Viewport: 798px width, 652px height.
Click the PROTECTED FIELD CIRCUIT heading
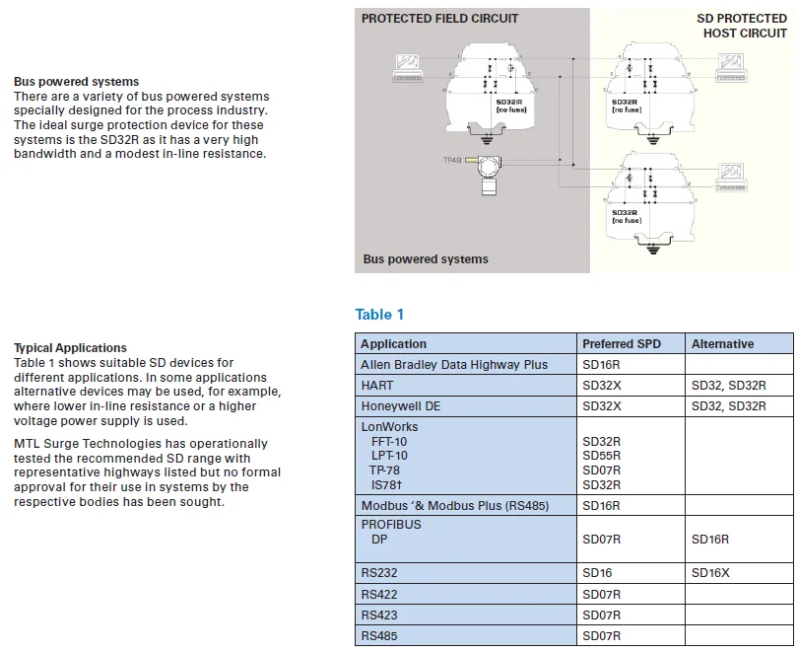439,19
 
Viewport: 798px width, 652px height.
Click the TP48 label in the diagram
454,159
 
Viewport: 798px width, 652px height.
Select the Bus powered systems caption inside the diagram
426,259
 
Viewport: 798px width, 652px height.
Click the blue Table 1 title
379,315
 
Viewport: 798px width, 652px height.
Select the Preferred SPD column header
622,344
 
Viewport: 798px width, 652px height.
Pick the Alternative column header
722,344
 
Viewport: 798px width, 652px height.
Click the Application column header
393,344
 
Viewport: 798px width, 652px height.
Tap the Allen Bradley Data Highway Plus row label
454,365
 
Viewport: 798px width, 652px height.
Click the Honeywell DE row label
400,405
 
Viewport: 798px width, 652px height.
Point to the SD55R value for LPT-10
602,456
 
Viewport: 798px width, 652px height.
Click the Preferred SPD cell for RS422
602,595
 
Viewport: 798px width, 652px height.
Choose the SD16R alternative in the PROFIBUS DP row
710,540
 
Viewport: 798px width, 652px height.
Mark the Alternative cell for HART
728,386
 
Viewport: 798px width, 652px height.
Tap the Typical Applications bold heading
70,348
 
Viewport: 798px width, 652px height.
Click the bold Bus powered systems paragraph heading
76,82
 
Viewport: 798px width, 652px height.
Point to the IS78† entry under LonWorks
386,484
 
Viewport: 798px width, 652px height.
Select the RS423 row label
379,616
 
